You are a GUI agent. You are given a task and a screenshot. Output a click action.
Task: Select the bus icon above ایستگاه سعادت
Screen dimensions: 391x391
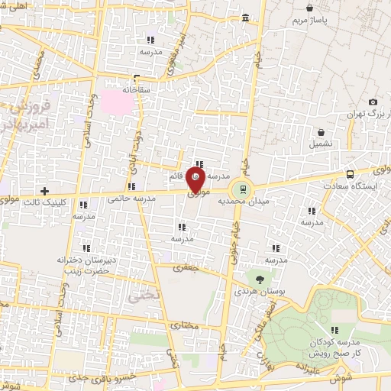click(x=350, y=174)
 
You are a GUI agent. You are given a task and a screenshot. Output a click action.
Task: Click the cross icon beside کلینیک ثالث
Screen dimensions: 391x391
click(x=44, y=190)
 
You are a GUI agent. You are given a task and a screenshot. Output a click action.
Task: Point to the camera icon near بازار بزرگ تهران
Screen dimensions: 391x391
click(x=373, y=102)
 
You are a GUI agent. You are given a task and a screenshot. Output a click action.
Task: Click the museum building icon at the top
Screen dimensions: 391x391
click(x=244, y=18)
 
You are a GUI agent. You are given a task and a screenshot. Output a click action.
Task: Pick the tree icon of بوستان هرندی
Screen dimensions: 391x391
click(x=260, y=280)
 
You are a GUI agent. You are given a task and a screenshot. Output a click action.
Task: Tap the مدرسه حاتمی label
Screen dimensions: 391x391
click(x=131, y=199)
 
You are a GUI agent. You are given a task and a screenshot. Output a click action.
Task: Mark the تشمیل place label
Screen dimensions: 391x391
click(x=321, y=144)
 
